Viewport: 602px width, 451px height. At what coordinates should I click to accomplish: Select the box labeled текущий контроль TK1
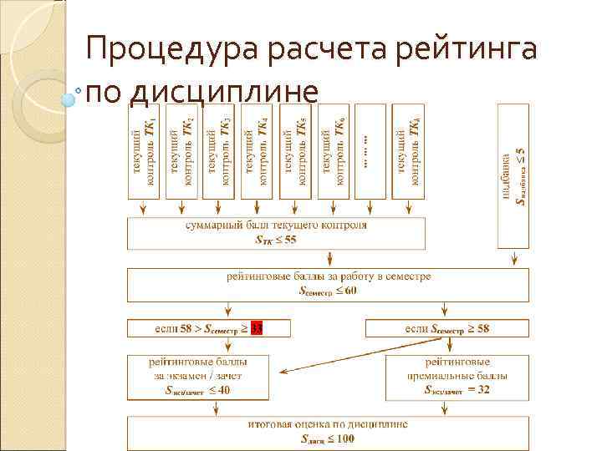click(144, 150)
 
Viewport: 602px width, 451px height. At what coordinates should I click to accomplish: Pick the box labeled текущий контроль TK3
click(219, 150)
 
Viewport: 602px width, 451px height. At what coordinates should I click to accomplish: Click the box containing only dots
click(370, 150)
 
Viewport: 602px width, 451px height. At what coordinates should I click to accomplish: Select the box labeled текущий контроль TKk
click(408, 150)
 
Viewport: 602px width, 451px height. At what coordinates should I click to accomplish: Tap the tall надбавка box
click(513, 175)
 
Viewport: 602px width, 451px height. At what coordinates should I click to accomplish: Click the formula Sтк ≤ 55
click(276, 240)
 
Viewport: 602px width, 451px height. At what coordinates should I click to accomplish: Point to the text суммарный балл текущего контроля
click(276, 225)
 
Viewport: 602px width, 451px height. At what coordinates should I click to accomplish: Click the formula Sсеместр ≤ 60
click(328, 291)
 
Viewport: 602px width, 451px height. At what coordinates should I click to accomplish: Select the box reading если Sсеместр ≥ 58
click(447, 328)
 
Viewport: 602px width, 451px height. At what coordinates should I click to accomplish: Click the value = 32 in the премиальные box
click(479, 390)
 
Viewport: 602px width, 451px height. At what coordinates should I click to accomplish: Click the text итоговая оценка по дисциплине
click(328, 424)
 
